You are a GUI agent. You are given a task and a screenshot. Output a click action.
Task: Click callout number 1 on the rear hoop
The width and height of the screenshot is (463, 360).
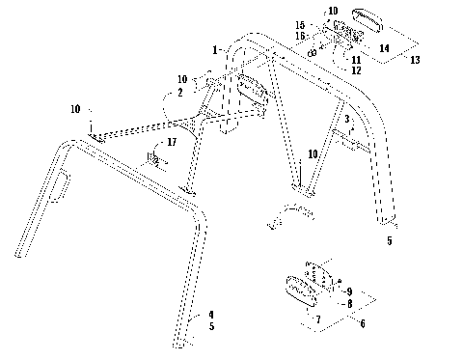(215, 48)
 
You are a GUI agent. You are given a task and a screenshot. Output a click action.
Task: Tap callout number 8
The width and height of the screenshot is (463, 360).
(349, 301)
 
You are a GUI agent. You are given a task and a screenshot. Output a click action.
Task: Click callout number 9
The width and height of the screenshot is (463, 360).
(349, 291)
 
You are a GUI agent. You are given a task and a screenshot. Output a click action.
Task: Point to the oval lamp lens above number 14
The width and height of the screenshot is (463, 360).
(371, 19)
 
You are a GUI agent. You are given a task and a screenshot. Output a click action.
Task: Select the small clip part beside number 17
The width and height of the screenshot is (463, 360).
(152, 158)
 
